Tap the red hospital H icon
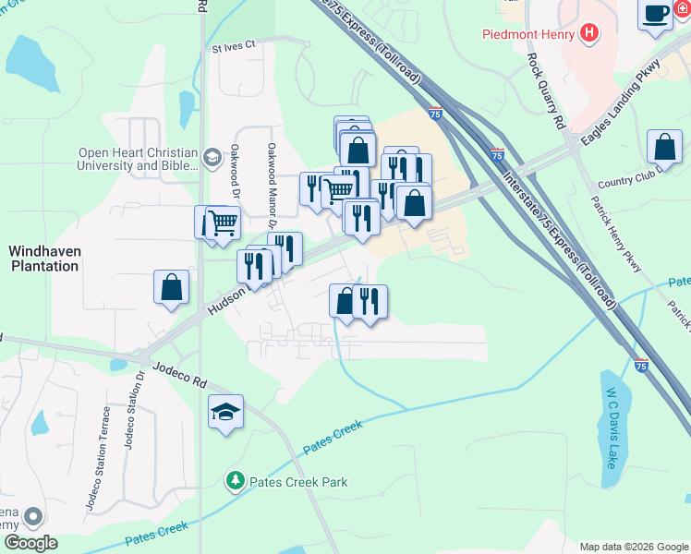click(x=589, y=35)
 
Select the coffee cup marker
click(x=656, y=14)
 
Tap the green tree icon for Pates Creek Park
click(x=235, y=481)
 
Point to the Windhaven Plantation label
click(x=43, y=259)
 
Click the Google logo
click(x=30, y=543)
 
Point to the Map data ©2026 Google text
click(x=634, y=547)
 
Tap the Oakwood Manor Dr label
click(x=273, y=185)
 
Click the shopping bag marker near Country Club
click(x=664, y=147)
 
